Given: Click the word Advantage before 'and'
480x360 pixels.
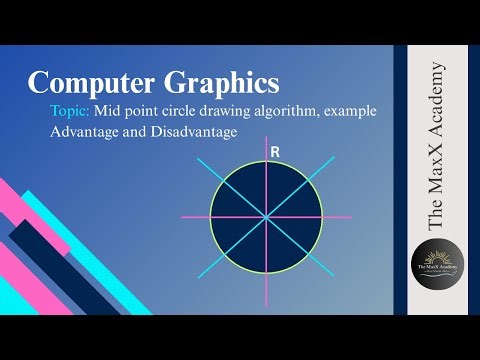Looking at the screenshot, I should pyautogui.click(x=86, y=132).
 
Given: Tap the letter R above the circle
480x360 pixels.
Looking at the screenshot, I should pyautogui.click(x=274, y=151).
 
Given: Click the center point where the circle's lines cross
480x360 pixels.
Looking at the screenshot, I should pyautogui.click(x=267, y=217).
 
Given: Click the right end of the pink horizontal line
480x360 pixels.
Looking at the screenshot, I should pyautogui.click(x=352, y=217).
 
